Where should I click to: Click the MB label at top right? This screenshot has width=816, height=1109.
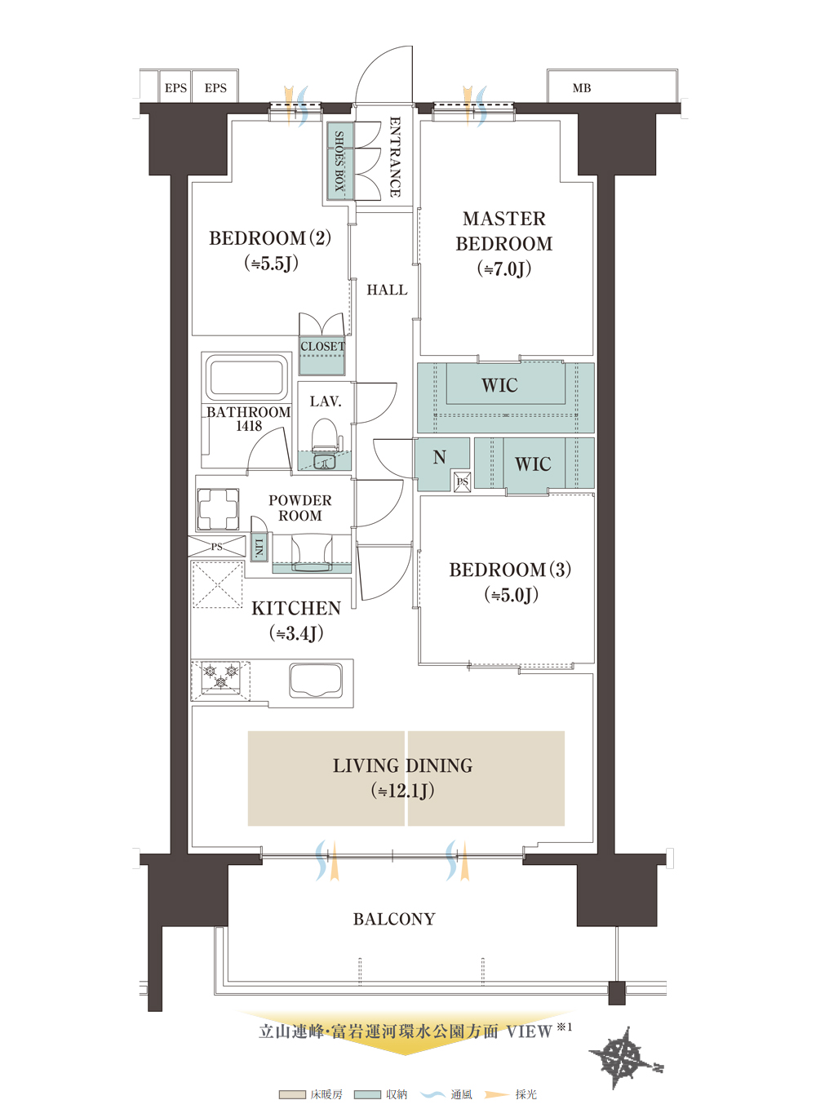click(x=581, y=88)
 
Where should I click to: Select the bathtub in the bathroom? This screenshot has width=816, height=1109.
click(x=247, y=377)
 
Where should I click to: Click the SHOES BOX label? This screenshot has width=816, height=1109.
click(x=339, y=162)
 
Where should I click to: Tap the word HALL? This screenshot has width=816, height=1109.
click(x=387, y=290)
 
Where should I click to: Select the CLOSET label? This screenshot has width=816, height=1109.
click(x=322, y=346)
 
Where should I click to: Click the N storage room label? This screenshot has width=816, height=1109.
click(x=439, y=456)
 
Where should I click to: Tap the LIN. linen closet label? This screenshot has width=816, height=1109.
click(x=259, y=547)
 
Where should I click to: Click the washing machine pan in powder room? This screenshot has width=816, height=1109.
click(x=218, y=509)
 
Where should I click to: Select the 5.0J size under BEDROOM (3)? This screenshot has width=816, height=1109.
click(x=511, y=595)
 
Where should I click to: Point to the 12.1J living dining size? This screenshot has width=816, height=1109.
click(x=402, y=791)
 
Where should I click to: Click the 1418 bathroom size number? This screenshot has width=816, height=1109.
click(x=249, y=425)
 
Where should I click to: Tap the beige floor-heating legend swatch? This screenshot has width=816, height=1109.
click(x=292, y=1094)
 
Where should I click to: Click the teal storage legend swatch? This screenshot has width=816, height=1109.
click(x=367, y=1094)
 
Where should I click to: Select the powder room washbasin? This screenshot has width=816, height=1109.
click(x=312, y=553)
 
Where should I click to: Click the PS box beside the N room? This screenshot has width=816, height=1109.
click(x=462, y=481)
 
